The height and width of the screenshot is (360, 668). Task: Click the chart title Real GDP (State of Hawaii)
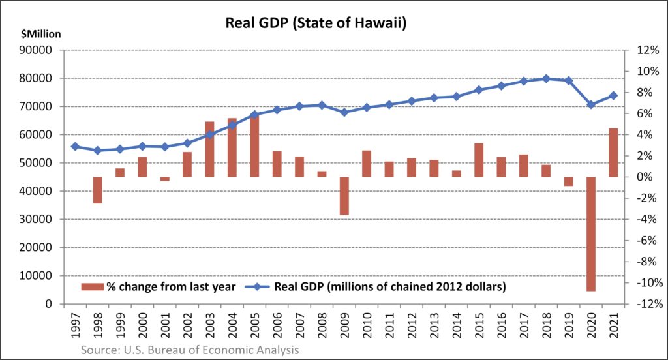316,23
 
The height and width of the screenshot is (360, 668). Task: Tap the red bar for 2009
344,196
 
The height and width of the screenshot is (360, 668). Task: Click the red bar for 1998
97,190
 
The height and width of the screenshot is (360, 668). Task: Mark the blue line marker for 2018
547,78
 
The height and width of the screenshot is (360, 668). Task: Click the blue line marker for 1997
75,147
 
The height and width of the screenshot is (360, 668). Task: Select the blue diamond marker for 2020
591,104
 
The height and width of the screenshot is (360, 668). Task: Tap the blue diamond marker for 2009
344,112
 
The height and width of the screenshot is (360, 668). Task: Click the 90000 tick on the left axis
40,50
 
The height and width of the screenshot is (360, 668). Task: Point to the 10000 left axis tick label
40,276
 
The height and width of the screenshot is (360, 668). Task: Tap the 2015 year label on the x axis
479,325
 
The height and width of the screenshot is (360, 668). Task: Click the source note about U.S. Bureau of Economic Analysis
190,350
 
